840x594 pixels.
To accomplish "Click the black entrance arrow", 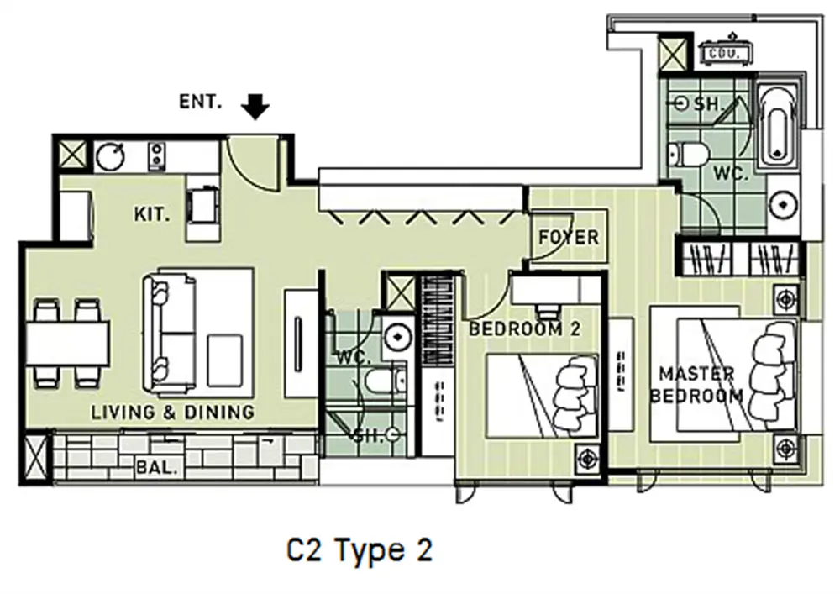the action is point(255,107).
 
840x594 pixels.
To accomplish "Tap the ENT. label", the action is point(201,101).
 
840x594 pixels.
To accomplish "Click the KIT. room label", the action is point(151,214).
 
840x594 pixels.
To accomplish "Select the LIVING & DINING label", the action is point(172,412).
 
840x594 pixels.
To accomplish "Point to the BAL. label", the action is point(156,468).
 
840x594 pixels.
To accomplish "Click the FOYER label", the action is point(569,237).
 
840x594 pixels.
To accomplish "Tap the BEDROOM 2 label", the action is point(524,329).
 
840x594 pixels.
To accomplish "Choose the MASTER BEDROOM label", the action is point(696,385).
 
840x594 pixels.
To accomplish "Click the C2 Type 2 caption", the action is point(360,550).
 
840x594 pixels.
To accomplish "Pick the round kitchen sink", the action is point(110,156).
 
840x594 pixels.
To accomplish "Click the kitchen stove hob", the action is point(156,156).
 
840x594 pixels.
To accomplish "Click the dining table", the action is point(67,344).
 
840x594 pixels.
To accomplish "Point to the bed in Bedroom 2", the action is point(542,396).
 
